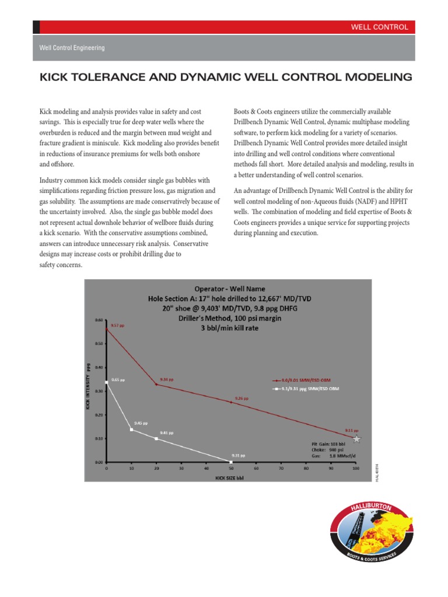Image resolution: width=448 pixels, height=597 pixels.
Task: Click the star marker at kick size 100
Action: (356, 438)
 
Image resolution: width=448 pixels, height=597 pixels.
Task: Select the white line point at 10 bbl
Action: (131, 430)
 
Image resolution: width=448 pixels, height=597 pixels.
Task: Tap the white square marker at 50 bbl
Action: (231, 462)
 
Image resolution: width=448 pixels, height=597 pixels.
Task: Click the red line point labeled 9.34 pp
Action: (156, 384)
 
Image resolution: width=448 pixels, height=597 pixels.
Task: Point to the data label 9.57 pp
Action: (118, 325)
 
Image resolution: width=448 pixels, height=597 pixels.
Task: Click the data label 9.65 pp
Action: (118, 379)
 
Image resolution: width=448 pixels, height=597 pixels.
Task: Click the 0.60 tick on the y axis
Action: (98, 319)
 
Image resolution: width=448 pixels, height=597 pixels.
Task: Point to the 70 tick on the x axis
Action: (281, 468)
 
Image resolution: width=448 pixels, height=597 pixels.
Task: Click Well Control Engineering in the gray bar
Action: (72, 48)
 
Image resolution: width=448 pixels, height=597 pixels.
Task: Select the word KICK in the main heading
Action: (54, 77)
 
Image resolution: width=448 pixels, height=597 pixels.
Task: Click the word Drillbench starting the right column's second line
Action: (251, 122)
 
